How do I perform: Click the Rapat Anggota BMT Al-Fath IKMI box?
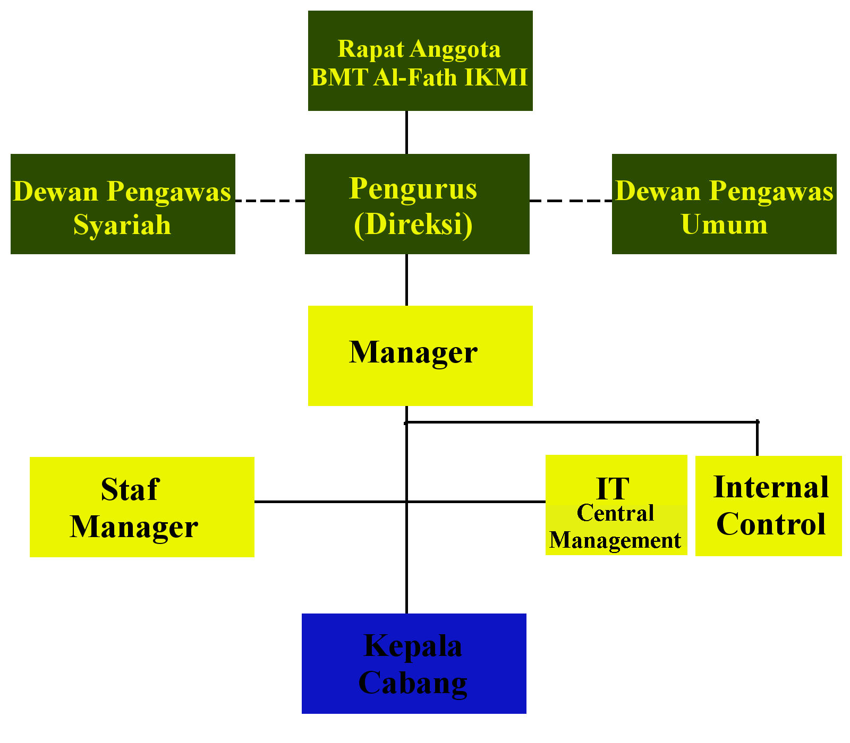pyautogui.click(x=420, y=61)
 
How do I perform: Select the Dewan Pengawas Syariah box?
pyautogui.click(x=123, y=204)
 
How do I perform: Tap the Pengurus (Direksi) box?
pyautogui.click(x=417, y=204)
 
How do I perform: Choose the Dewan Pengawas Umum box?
pyautogui.click(x=724, y=204)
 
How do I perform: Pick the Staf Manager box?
pyautogui.click(x=142, y=507)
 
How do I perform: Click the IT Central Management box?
pyautogui.click(x=616, y=505)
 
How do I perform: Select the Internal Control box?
pyautogui.click(x=769, y=506)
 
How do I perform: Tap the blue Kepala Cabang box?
pyautogui.click(x=414, y=663)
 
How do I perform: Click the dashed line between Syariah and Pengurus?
pyautogui.click(x=270, y=201)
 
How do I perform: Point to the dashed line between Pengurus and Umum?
pyautogui.click(x=571, y=201)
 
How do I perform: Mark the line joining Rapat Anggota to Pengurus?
pyautogui.click(x=406, y=132)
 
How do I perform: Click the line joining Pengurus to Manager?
pyautogui.click(x=406, y=280)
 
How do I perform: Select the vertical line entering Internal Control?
pyautogui.click(x=757, y=438)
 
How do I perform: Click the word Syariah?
pyautogui.click(x=122, y=225)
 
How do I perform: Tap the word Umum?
pyautogui.click(x=724, y=224)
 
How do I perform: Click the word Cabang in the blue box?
pyautogui.click(x=413, y=683)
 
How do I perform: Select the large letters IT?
pyautogui.click(x=613, y=488)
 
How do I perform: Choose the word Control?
pyautogui.click(x=771, y=524)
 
